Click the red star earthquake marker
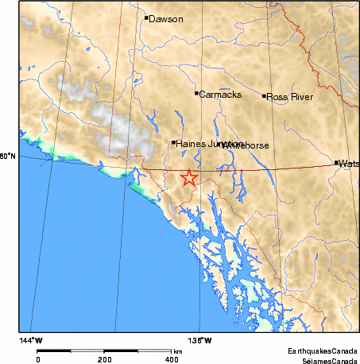(188, 178)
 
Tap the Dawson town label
(166, 18)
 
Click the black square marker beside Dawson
(146, 17)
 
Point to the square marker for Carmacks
(196, 93)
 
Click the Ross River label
(289, 97)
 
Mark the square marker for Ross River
(264, 96)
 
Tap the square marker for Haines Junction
(173, 142)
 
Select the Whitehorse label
(247, 145)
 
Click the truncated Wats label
(350, 163)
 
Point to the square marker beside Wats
(337, 162)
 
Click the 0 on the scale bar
(38, 359)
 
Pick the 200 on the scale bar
(105, 359)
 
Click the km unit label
(179, 350)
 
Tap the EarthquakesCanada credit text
(323, 350)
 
